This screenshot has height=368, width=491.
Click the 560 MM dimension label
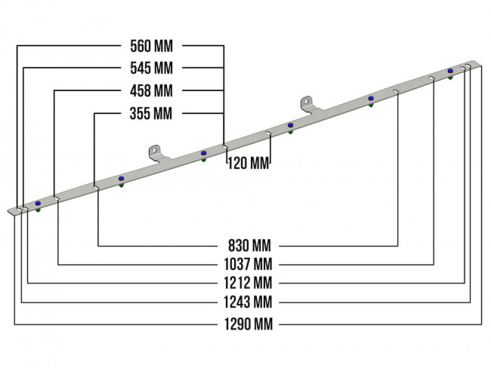click(151, 46)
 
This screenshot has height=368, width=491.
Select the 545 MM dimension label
click(151, 68)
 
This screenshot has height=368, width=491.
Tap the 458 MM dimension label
click(151, 90)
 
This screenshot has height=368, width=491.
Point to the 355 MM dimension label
click(151, 113)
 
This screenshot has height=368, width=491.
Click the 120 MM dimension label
click(249, 163)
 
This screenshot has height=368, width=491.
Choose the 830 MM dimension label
click(249, 246)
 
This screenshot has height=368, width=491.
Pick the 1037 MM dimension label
click(248, 265)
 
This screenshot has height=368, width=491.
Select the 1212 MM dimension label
click(248, 283)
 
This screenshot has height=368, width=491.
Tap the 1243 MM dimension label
click(248, 302)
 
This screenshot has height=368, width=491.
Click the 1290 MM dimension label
click(249, 324)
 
